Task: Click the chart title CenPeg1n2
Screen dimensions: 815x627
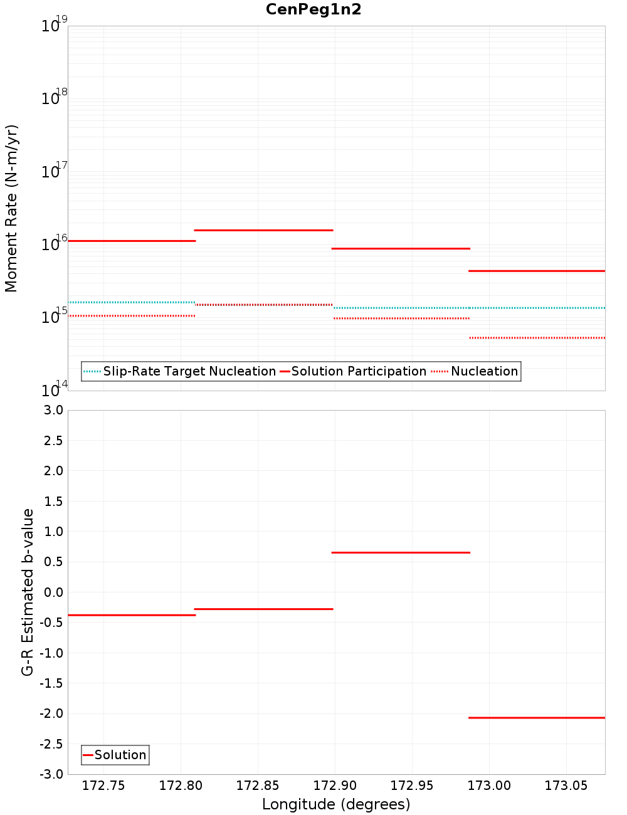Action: click(x=313, y=9)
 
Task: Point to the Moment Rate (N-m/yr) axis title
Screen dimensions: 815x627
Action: click(x=11, y=208)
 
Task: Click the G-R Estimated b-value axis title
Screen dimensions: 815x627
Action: click(x=28, y=592)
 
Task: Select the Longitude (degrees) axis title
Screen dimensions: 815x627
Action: click(x=336, y=804)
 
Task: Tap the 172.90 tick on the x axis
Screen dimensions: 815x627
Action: click(x=335, y=786)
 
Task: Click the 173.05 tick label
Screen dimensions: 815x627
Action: click(x=566, y=786)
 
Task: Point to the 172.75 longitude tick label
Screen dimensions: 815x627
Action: click(x=103, y=786)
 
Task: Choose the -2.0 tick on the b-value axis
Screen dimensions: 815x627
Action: click(x=51, y=713)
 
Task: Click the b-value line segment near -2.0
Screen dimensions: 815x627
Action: click(x=537, y=717)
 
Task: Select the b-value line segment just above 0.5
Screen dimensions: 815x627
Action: click(x=401, y=552)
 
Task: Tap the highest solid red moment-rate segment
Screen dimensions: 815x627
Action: click(x=263, y=230)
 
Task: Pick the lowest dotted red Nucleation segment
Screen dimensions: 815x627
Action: click(x=537, y=338)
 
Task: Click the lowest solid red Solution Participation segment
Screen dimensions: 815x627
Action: click(x=537, y=271)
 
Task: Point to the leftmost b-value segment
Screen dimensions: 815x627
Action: click(x=132, y=615)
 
